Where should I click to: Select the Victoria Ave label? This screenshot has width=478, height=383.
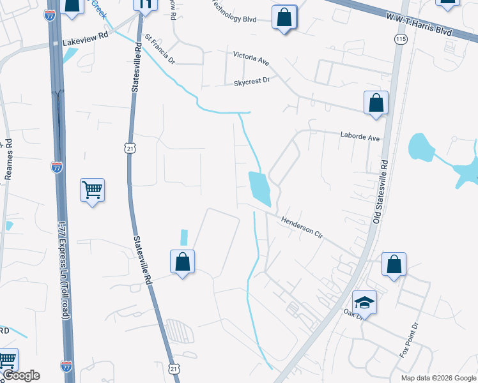251,58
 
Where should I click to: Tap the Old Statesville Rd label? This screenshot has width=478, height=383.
381,191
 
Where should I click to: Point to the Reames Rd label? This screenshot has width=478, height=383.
9,160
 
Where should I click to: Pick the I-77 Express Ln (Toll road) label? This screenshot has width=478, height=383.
63,270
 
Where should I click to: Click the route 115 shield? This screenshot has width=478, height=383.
401,40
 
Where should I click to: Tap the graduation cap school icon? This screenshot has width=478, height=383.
364,301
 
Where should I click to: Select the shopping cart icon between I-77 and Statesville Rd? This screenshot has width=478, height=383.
92,189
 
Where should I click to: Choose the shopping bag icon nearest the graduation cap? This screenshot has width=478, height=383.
394,264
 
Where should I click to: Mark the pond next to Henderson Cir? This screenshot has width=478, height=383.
260,188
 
